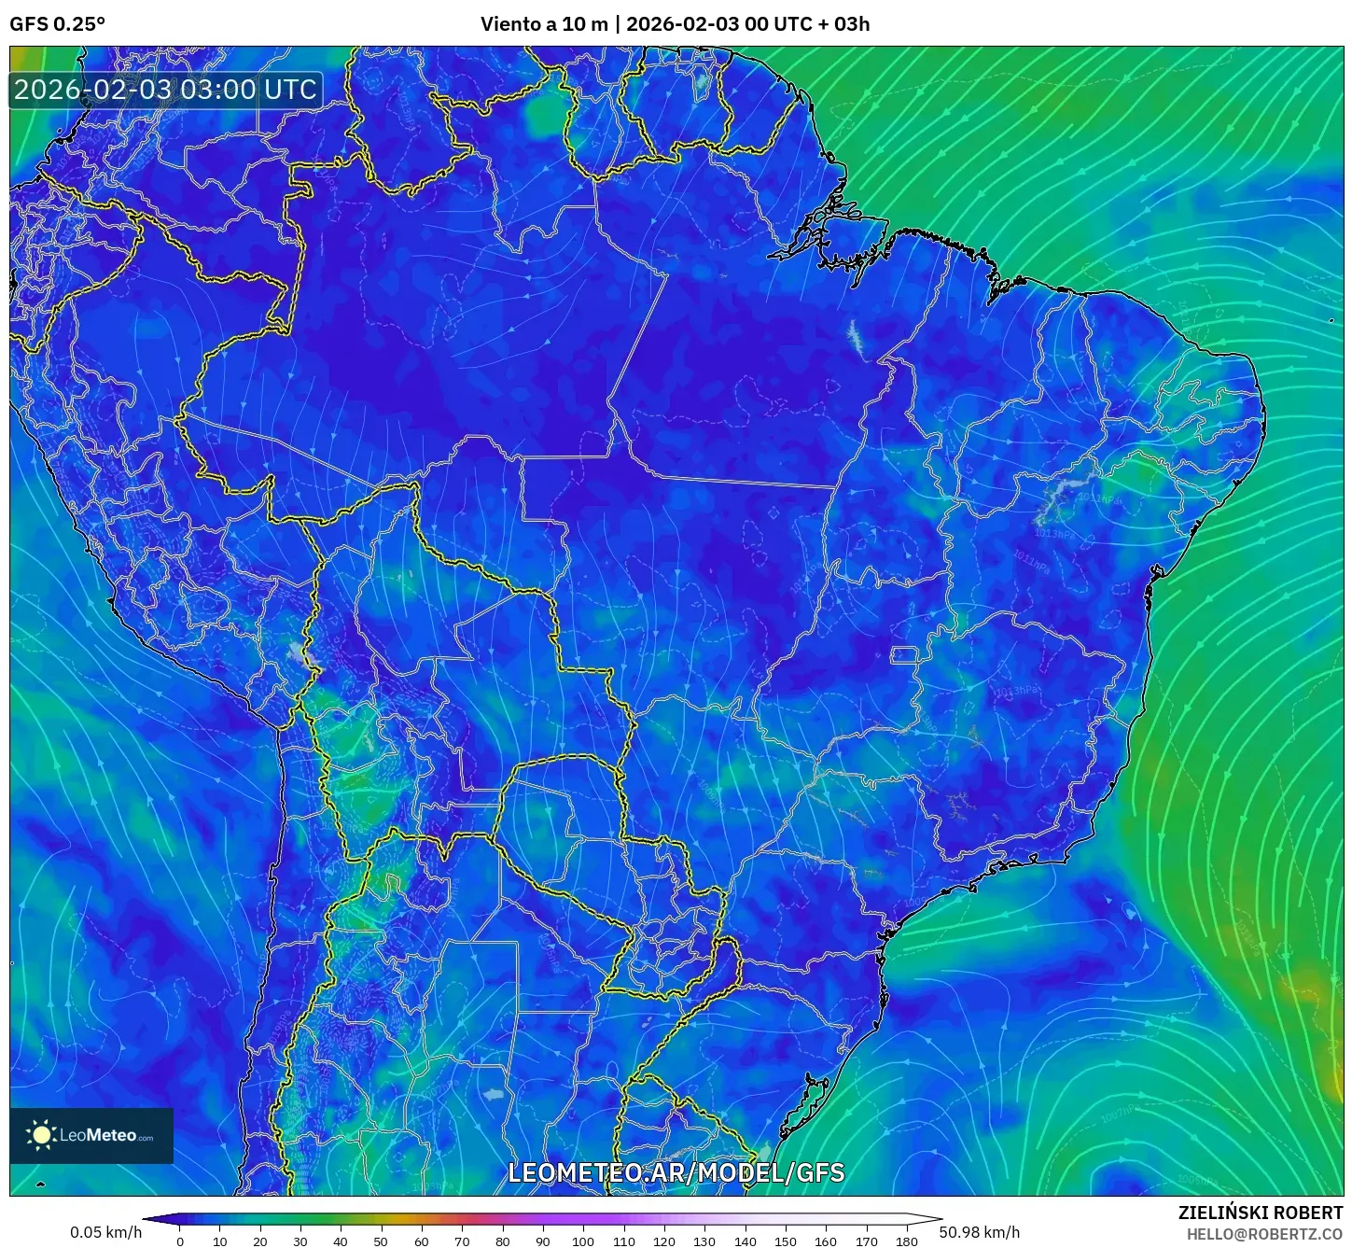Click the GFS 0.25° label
click(x=57, y=24)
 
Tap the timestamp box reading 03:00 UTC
click(x=166, y=91)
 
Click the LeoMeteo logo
click(x=91, y=1135)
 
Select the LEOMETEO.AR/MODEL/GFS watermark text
click(x=676, y=1172)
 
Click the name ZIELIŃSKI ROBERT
click(x=1261, y=1213)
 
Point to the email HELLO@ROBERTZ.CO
click(x=1264, y=1234)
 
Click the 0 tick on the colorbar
click(x=180, y=1241)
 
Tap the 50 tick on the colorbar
click(x=381, y=1241)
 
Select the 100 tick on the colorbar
click(x=582, y=1241)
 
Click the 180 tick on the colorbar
click(x=906, y=1241)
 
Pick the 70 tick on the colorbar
click(x=462, y=1241)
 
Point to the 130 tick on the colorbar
click(x=704, y=1241)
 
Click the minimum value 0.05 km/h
click(x=105, y=1232)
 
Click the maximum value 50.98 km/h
click(x=980, y=1232)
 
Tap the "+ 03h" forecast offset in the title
click(x=843, y=24)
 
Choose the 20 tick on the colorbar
click(x=260, y=1241)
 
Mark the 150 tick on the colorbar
click(x=786, y=1241)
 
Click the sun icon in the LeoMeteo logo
click(x=42, y=1135)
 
